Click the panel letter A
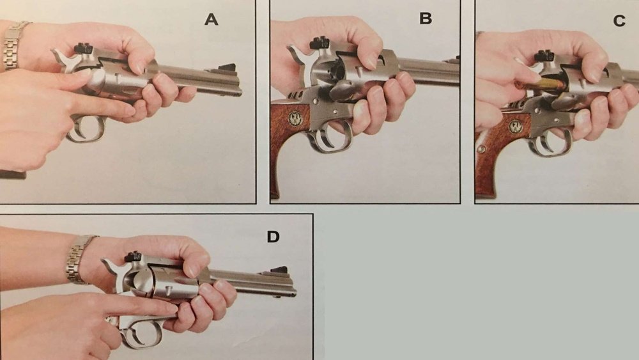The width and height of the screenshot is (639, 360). tap(211, 19)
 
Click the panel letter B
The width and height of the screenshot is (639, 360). tap(426, 19)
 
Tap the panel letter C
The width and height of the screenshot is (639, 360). tap(619, 20)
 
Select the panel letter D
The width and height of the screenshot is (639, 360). tap(273, 237)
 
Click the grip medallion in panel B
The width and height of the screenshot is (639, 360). tap(295, 119)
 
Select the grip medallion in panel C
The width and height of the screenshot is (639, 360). tap(516, 127)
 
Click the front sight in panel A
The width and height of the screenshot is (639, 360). tap(227, 68)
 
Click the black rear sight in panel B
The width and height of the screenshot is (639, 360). tap(320, 43)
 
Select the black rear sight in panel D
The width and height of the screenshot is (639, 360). tap(133, 257)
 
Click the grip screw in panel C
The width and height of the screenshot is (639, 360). tap(481, 149)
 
